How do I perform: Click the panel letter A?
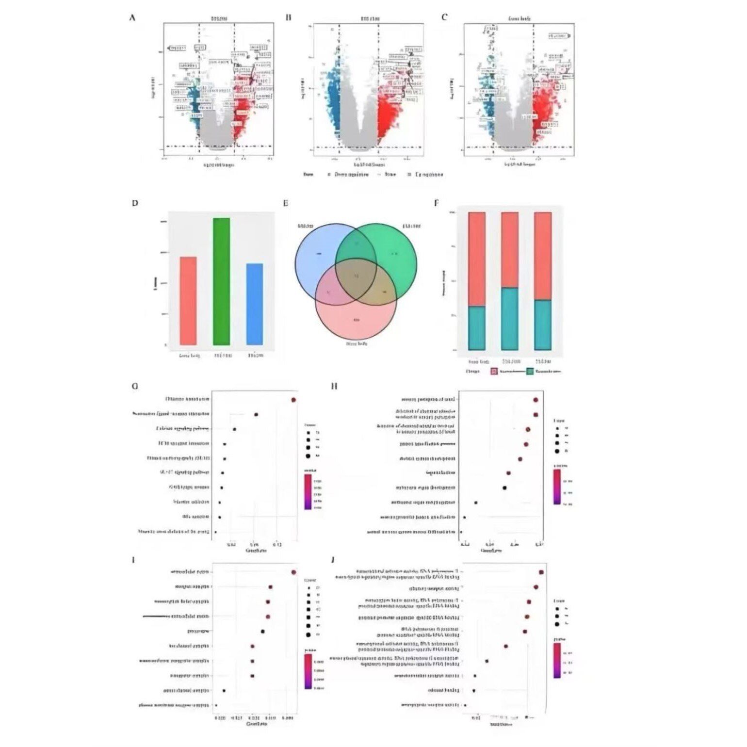[132, 18]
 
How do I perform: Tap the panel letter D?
[135, 203]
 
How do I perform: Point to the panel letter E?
[286, 203]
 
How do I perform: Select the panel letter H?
[334, 386]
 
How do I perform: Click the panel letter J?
[333, 560]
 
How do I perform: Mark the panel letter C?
[444, 17]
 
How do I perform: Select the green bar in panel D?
[222, 281]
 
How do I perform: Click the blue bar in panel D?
[255, 304]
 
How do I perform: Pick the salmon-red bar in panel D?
[188, 301]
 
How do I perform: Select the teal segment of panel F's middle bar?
[510, 318]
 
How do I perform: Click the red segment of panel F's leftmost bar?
[477, 259]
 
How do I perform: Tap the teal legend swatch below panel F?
[530, 372]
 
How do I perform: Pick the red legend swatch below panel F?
[494, 372]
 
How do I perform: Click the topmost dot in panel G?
[294, 400]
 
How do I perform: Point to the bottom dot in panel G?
[215, 532]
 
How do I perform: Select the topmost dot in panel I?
[293, 572]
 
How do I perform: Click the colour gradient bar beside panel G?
[308, 491]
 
